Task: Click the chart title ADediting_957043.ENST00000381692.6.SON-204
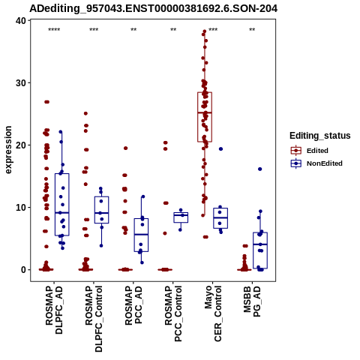coord(153,9)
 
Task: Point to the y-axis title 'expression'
coord(8,150)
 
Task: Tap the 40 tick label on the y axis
coord(21,21)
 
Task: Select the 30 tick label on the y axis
coord(21,83)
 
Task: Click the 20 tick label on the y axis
coord(21,145)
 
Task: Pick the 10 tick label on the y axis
coord(21,208)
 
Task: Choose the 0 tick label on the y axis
coord(24,270)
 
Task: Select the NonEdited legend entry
coord(316,163)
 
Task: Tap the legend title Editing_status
coord(320,136)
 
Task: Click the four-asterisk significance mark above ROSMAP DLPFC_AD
coord(54,30)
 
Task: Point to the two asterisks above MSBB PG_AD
coord(252,30)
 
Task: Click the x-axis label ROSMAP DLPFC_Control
coord(94,319)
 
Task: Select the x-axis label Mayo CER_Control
coord(213,313)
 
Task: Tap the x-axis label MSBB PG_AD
coord(252,301)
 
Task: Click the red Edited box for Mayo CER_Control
coord(205,117)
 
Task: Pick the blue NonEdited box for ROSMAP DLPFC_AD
coord(62,205)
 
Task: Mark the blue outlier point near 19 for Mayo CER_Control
coord(220,149)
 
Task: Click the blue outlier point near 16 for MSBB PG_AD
coord(260,169)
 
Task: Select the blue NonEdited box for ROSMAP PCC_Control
coord(181,217)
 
